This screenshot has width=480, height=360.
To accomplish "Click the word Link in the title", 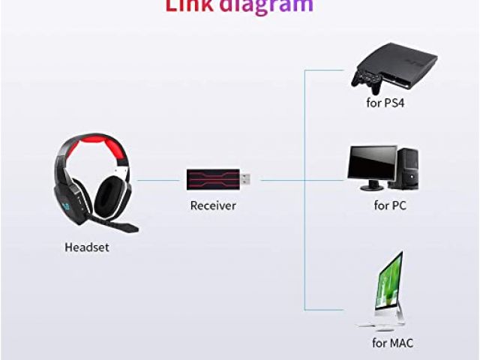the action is [x=190, y=6].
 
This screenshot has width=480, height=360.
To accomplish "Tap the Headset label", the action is [x=87, y=247].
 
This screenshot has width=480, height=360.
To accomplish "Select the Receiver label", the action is [x=213, y=205].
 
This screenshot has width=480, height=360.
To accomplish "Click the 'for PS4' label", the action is [x=384, y=102].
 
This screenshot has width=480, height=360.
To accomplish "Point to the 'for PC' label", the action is [x=390, y=204].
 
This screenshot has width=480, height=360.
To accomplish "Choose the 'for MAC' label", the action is [x=392, y=343].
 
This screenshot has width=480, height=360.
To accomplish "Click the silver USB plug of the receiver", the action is [x=245, y=179].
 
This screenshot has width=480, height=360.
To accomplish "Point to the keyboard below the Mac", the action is [x=372, y=326].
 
